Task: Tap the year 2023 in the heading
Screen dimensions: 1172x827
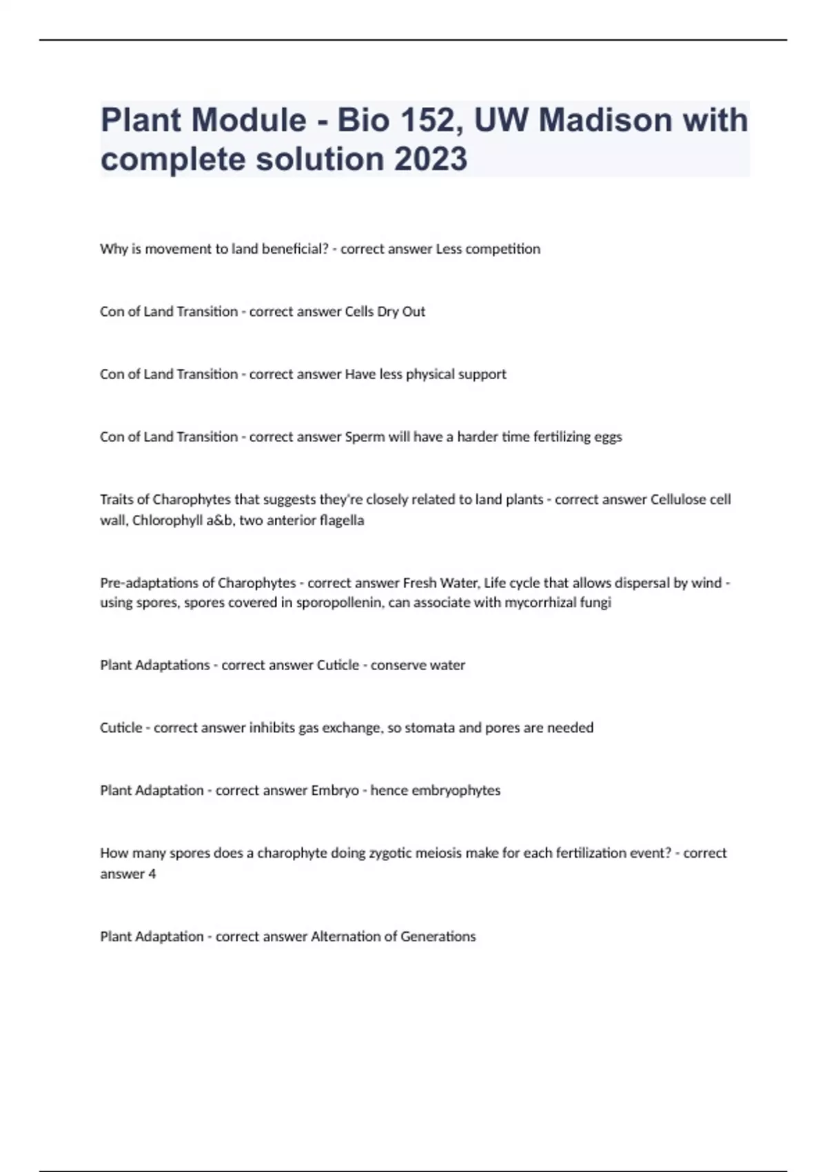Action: (x=431, y=159)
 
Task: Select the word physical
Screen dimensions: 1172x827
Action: (x=430, y=374)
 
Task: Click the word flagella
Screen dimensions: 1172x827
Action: (x=337, y=521)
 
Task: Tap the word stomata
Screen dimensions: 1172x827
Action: (x=429, y=728)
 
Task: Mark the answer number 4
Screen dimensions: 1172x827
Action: (x=152, y=874)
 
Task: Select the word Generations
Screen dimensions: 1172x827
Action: (x=438, y=937)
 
